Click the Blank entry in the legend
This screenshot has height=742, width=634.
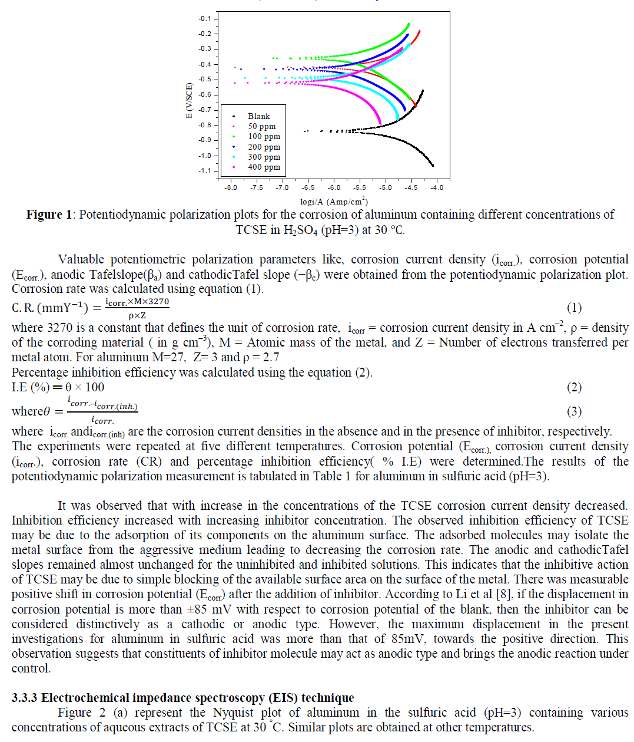point(258,116)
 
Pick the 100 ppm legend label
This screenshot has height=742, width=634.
point(264,136)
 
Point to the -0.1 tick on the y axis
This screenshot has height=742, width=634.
point(205,19)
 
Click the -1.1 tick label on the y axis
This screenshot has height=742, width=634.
point(204,171)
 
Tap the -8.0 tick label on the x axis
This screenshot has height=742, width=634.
point(231,187)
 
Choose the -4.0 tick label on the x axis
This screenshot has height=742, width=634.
point(437,187)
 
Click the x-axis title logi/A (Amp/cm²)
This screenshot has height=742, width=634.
point(334,202)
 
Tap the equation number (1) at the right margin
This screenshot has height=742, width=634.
point(574,308)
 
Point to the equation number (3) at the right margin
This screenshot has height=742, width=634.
point(574,411)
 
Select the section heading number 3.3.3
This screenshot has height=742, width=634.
point(25,698)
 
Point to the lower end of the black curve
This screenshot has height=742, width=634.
point(433,166)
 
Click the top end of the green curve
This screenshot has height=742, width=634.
point(409,24)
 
